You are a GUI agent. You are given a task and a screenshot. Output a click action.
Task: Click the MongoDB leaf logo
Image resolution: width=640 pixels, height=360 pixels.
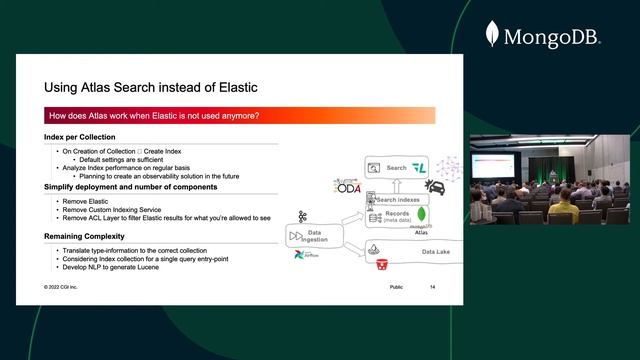[492, 36]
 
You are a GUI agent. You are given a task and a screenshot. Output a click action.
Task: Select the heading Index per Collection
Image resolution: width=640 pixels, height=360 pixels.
[80, 136]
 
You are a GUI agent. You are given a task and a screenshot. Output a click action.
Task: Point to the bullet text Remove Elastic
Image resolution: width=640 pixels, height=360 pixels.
[84, 201]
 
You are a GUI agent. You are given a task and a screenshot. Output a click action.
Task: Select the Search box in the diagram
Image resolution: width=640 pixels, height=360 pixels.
[397, 168]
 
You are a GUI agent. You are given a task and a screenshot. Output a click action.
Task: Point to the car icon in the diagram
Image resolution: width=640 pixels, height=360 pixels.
[436, 187]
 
